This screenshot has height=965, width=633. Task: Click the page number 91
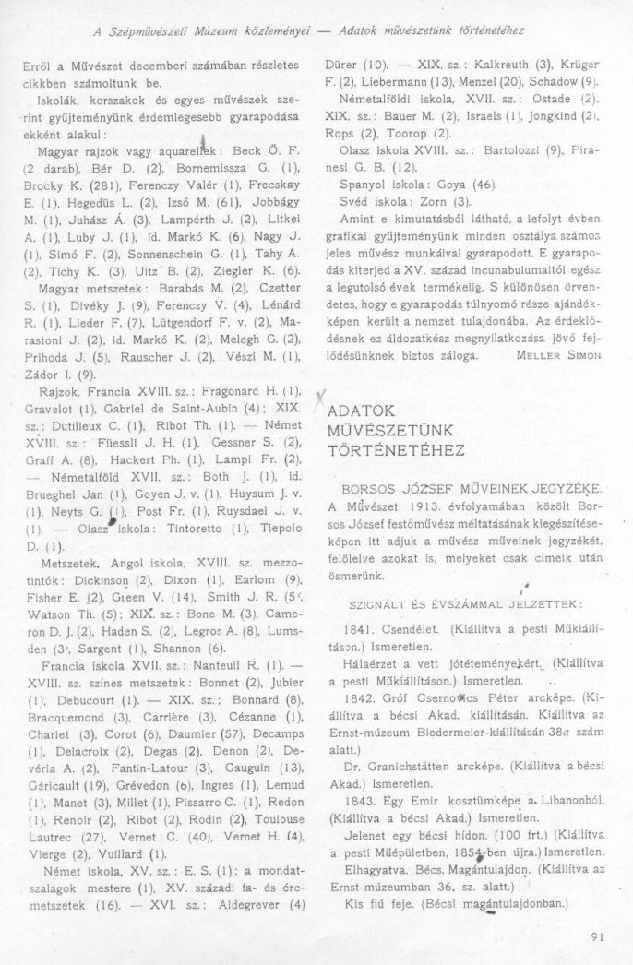click(x=594, y=937)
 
